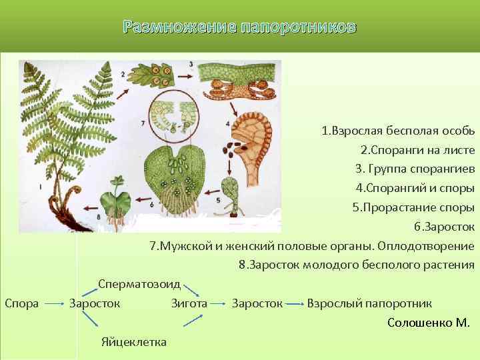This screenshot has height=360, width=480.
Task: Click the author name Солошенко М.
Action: [428, 323]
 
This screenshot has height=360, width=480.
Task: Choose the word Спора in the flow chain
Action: [21, 303]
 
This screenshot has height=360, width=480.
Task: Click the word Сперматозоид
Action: [139, 284]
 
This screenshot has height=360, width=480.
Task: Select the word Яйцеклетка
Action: [134, 342]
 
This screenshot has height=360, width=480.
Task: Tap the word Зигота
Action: [189, 303]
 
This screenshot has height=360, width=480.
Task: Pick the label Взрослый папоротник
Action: [369, 303]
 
